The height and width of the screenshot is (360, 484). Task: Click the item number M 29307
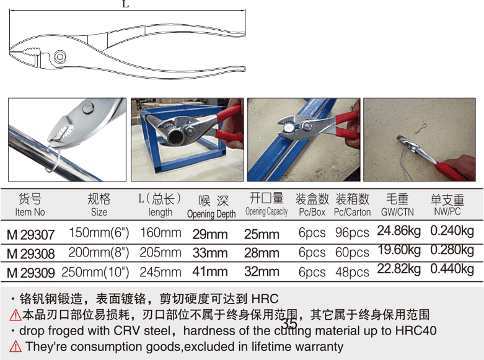click(x=30, y=235)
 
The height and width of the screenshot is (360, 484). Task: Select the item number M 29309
click(x=30, y=272)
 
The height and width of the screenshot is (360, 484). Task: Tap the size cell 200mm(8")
click(x=99, y=253)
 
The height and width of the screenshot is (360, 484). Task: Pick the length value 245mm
click(x=161, y=271)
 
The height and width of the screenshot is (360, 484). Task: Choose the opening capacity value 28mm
click(x=262, y=253)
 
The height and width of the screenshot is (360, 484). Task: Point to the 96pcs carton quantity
click(x=351, y=234)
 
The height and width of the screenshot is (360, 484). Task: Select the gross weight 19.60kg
click(x=398, y=250)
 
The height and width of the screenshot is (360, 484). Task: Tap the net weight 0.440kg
click(x=452, y=269)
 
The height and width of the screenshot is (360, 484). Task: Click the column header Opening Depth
click(x=211, y=214)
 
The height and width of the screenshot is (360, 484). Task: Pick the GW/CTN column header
click(x=397, y=212)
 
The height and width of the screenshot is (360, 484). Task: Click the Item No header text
click(x=30, y=212)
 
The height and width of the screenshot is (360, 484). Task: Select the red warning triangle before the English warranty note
click(x=15, y=347)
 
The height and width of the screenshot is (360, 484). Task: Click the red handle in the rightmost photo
click(x=455, y=169)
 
